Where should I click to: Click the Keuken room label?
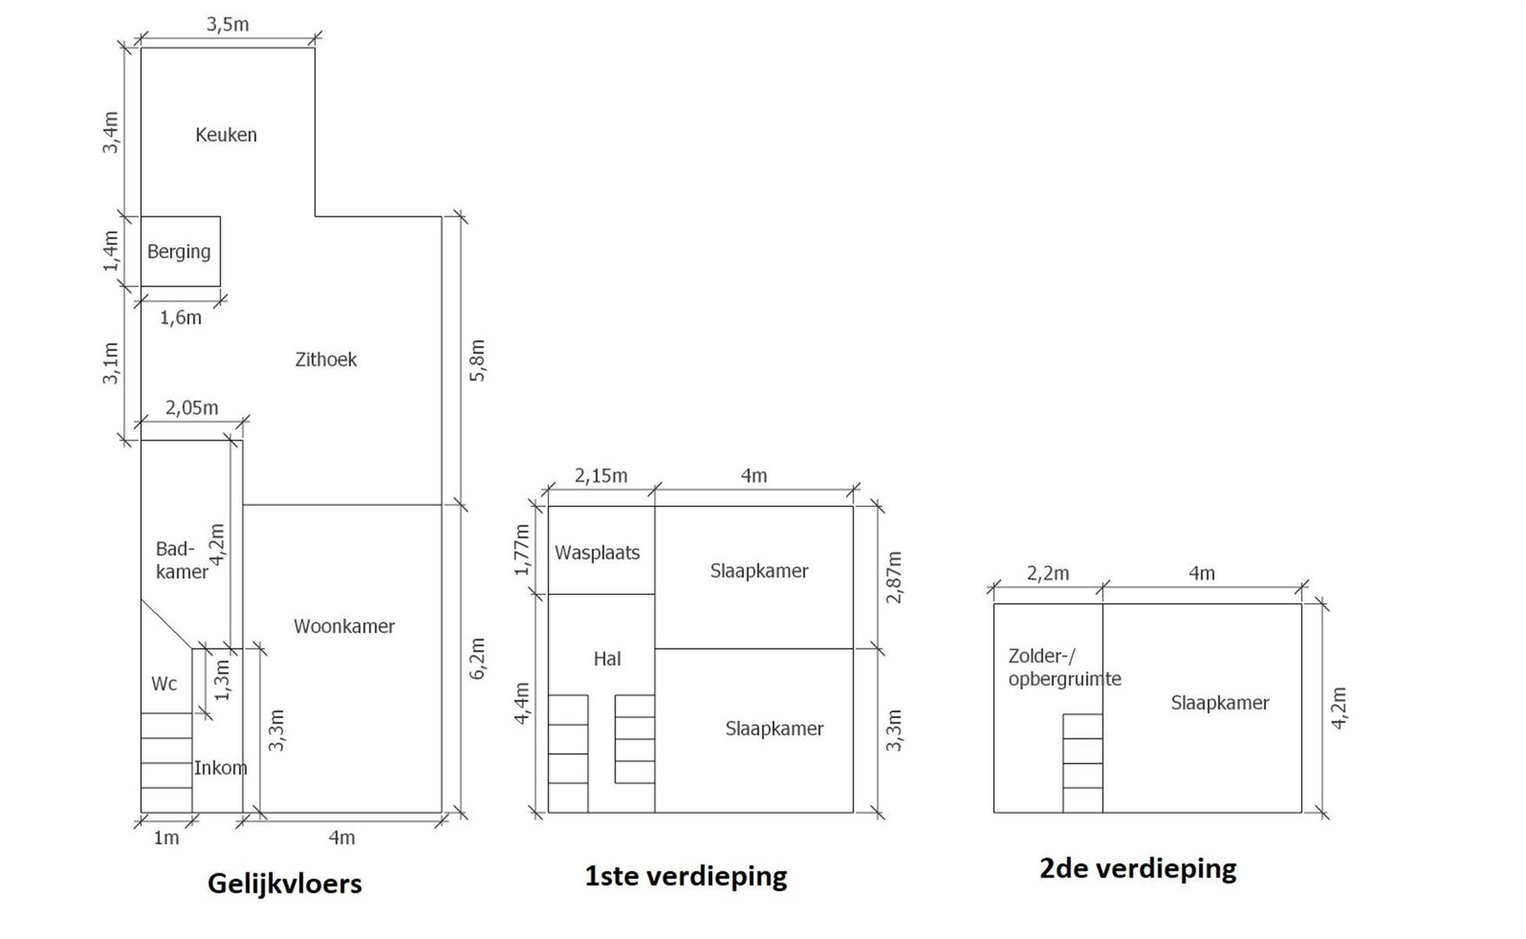pyautogui.click(x=226, y=135)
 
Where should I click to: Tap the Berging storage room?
pyautogui.click(x=180, y=251)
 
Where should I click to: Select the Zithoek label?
pyautogui.click(x=326, y=359)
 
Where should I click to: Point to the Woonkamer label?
pyautogui.click(x=344, y=626)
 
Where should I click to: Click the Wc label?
pyautogui.click(x=164, y=684)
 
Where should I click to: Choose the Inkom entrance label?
pyautogui.click(x=220, y=768)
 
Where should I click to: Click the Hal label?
pyautogui.click(x=607, y=659)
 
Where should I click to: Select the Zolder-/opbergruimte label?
pyautogui.click(x=1065, y=668)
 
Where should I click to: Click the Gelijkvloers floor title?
pyautogui.click(x=285, y=883)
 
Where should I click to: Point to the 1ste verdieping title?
pyautogui.click(x=686, y=876)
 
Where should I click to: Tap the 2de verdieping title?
pyautogui.click(x=1138, y=869)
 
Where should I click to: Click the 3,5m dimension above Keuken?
pyautogui.click(x=228, y=24)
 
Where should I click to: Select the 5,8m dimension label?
pyautogui.click(x=477, y=360)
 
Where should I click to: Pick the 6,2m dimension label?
pyautogui.click(x=477, y=659)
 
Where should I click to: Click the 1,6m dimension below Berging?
pyautogui.click(x=181, y=317)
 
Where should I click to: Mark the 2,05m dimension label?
pyautogui.click(x=192, y=407)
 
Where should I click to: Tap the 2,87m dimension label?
pyautogui.click(x=895, y=576)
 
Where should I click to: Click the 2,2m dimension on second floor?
pyautogui.click(x=1048, y=573)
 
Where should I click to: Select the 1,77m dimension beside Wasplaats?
pyautogui.click(x=522, y=549)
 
